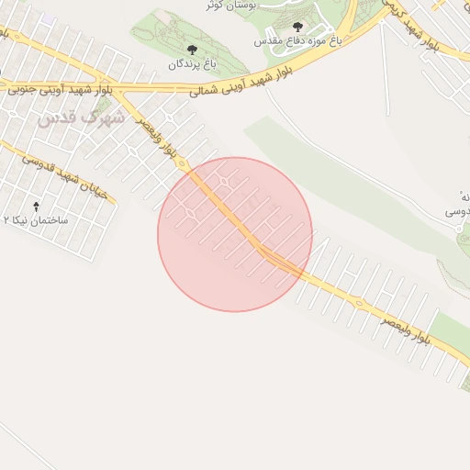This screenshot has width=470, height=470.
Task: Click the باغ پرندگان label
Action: (x=191, y=64)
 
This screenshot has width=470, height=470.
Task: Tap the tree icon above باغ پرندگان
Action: (x=191, y=50)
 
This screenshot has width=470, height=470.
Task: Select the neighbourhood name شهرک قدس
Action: (x=81, y=118)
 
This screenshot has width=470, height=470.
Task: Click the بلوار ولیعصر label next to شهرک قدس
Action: (x=159, y=138)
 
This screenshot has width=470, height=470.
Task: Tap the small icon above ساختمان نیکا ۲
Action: (x=36, y=207)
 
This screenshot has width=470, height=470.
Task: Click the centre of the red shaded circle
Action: (x=235, y=234)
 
